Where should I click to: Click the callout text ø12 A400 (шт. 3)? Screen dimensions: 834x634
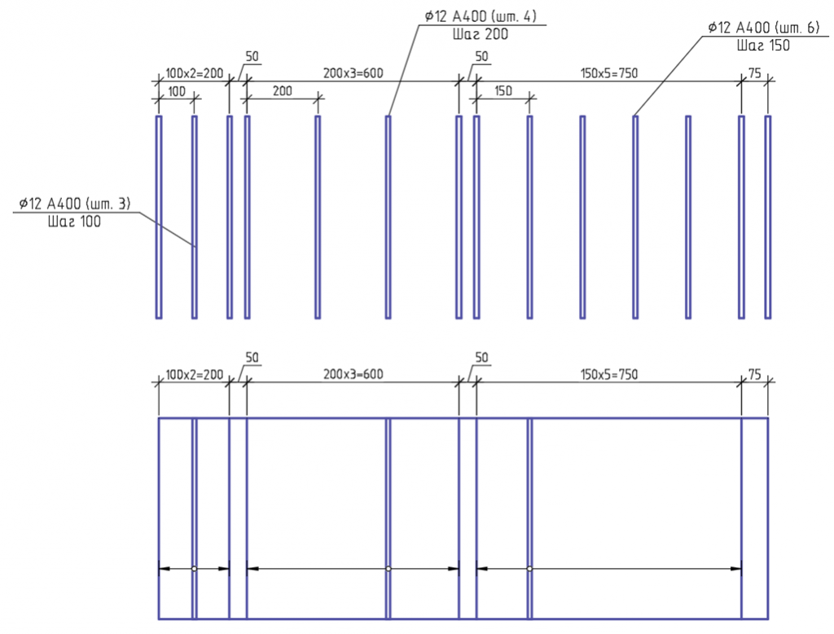tap(74, 204)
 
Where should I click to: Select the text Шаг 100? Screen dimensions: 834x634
tap(74, 222)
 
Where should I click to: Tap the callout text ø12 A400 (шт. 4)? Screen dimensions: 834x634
tap(481, 16)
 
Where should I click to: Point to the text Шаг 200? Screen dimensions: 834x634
tap(481, 34)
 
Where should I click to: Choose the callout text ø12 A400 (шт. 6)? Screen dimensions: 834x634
tap(764, 27)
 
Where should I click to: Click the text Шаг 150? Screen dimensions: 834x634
tap(763, 46)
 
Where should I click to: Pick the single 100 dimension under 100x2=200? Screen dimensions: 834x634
tap(177, 91)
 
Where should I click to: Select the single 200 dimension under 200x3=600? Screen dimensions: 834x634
tap(283, 91)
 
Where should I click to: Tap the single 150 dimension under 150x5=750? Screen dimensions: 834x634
tap(503, 91)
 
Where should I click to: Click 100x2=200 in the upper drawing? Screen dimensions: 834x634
tap(194, 73)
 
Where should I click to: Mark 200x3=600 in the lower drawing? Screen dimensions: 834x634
tap(353, 374)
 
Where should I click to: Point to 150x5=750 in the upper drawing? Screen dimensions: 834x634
tap(609, 73)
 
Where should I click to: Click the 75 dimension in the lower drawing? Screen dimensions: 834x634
tap(755, 374)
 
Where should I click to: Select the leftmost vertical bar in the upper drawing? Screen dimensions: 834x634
tap(159, 218)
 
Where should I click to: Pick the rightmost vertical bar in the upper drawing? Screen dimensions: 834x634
tap(767, 218)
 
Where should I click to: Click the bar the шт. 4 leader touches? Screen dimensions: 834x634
tap(388, 218)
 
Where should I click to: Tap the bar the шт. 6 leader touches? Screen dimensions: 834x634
tap(635, 218)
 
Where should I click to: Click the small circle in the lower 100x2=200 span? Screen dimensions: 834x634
tap(194, 569)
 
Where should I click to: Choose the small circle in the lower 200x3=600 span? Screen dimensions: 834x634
tap(388, 569)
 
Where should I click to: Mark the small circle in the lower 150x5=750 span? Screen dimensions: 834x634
tap(529, 569)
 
